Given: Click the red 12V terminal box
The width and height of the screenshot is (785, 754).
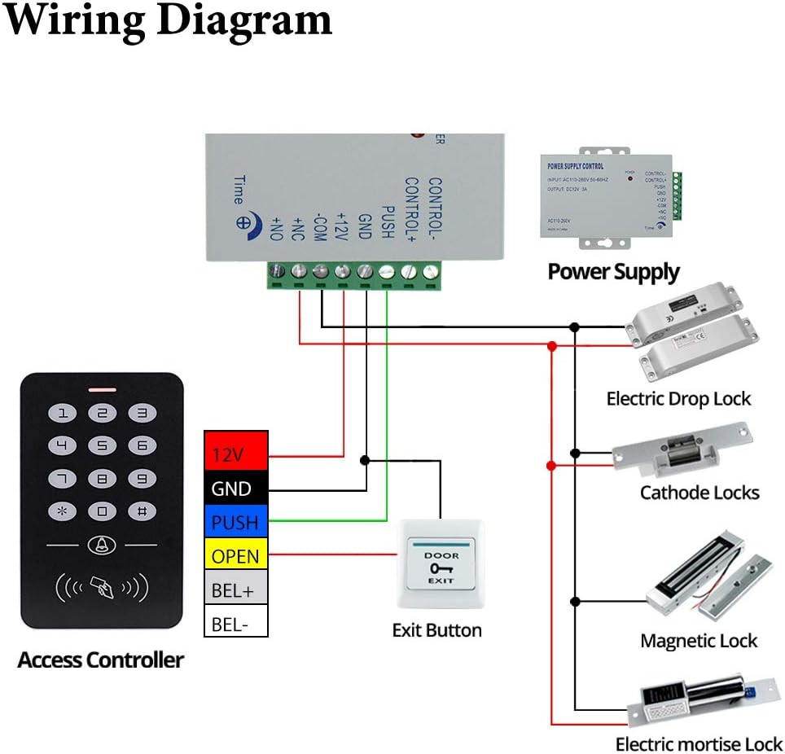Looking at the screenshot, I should [x=235, y=454].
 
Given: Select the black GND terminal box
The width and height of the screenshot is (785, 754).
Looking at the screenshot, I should [x=235, y=489].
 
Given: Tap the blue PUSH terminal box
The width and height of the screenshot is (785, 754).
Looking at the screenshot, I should [x=235, y=522].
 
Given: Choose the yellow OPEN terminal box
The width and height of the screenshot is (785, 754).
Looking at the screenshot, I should [x=235, y=556].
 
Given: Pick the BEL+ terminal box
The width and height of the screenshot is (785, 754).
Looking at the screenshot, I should [x=235, y=590].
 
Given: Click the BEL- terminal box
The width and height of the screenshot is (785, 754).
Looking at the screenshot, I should [x=235, y=624].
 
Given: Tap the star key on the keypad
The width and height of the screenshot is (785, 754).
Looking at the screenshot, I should [x=62, y=511].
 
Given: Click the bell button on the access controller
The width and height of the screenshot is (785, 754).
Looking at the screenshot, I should [x=102, y=545].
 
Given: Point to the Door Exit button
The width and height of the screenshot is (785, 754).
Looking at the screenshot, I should [x=441, y=563].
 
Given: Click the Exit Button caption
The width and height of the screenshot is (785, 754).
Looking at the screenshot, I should [x=436, y=630].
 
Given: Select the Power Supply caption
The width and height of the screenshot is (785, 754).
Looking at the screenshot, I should [x=613, y=271].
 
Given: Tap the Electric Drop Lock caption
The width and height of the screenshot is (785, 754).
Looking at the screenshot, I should [x=678, y=399].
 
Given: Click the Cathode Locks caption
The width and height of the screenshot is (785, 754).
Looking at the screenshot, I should [x=699, y=493].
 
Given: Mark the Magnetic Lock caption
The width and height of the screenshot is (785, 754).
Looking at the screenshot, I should [x=699, y=641].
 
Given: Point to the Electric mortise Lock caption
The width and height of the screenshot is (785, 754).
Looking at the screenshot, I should [x=699, y=744].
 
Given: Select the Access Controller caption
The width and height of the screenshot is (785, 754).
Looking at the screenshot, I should [x=101, y=660].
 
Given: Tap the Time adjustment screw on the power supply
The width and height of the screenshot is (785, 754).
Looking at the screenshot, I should [x=243, y=221].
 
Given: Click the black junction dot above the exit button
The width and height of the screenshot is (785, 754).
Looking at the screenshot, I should [x=365, y=460].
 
